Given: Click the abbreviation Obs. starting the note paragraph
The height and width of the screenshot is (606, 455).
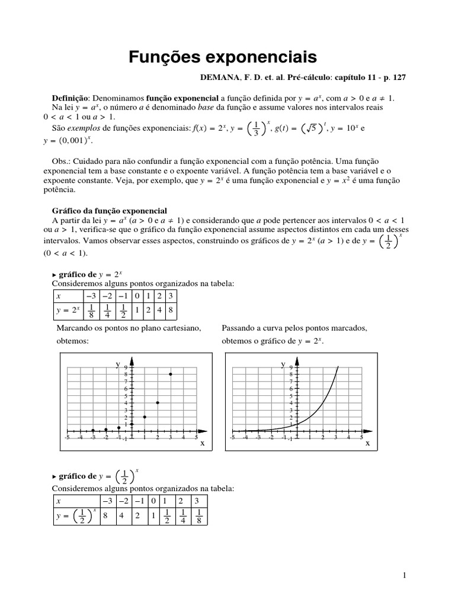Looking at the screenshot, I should pyautogui.click(x=62, y=162).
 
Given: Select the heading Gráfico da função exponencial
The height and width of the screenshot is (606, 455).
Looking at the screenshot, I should pyautogui.click(x=110, y=211).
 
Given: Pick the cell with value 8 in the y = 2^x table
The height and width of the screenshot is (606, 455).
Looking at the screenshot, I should pyautogui.click(x=170, y=310).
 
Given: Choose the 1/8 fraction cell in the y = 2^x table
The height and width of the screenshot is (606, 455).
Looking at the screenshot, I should pyautogui.click(x=91, y=310).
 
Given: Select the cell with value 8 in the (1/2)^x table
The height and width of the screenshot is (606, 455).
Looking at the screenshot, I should pyautogui.click(x=105, y=515).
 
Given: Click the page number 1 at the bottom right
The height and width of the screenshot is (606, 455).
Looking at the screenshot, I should pyautogui.click(x=403, y=575).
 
